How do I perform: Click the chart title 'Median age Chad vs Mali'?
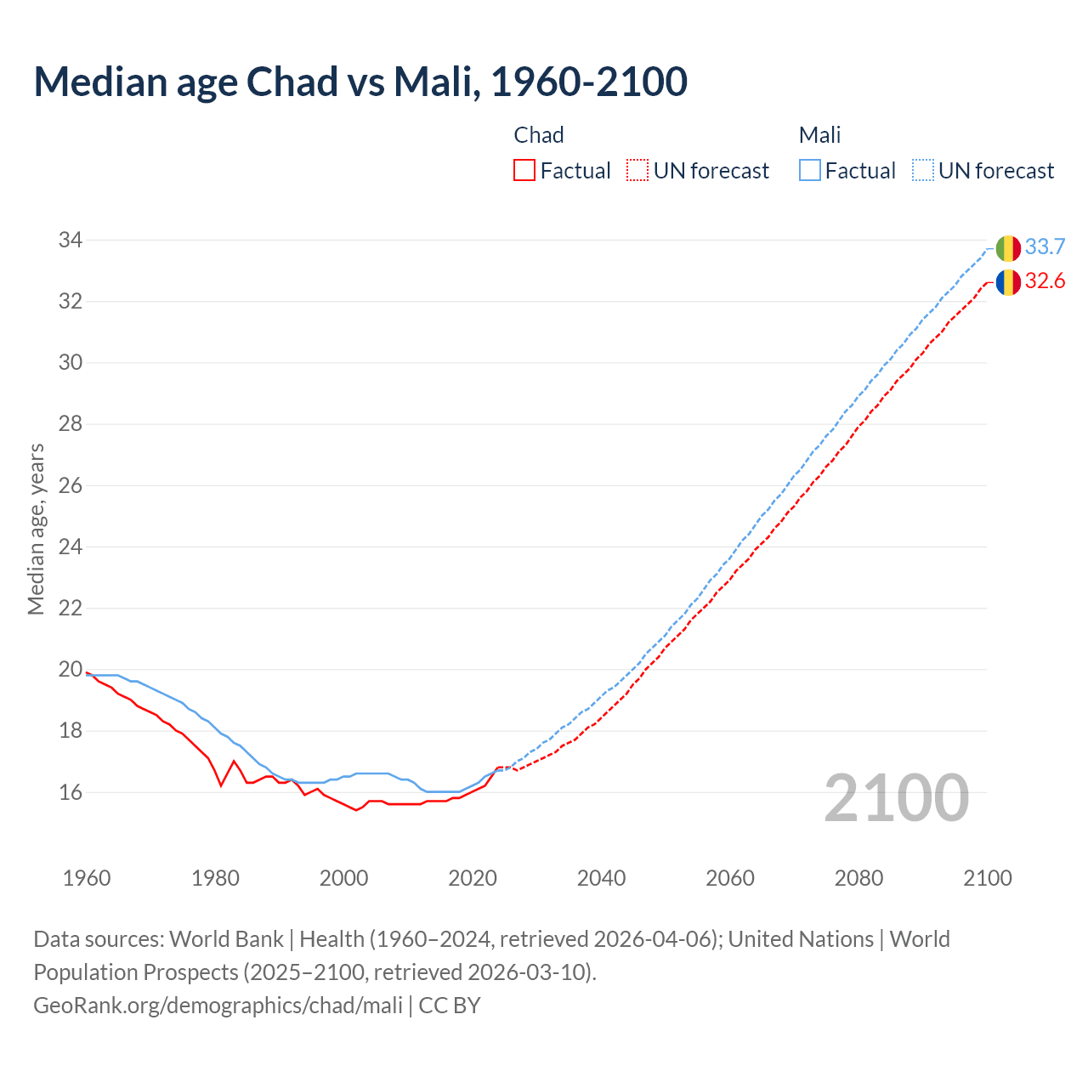pyautogui.click(x=360, y=82)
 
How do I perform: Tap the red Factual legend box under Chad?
pyautogui.click(x=524, y=171)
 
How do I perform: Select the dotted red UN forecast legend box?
pyautogui.click(x=637, y=171)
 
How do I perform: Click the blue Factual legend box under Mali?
pyautogui.click(x=810, y=171)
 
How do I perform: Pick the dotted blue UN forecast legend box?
pyautogui.click(x=922, y=171)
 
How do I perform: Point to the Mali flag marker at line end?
pyautogui.click(x=1008, y=247)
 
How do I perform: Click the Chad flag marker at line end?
pyautogui.click(x=1008, y=281)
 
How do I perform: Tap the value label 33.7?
pyautogui.click(x=1045, y=247)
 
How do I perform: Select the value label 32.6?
pyautogui.click(x=1045, y=281)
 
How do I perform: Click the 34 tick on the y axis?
pyautogui.click(x=70, y=241)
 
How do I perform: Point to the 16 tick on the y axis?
pyautogui.click(x=70, y=792)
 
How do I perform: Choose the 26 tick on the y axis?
pyautogui.click(x=70, y=485)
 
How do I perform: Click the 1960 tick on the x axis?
pyautogui.click(x=87, y=878)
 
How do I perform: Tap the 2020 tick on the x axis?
pyautogui.click(x=473, y=878)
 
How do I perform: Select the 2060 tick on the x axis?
pyautogui.click(x=730, y=878)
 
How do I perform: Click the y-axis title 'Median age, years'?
pyautogui.click(x=36, y=529)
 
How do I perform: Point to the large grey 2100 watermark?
pyautogui.click(x=897, y=797)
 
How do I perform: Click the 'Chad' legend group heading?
pyautogui.click(x=539, y=135)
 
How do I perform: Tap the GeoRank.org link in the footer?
pyautogui.click(x=218, y=1006)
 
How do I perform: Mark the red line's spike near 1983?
pyautogui.click(x=234, y=761)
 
